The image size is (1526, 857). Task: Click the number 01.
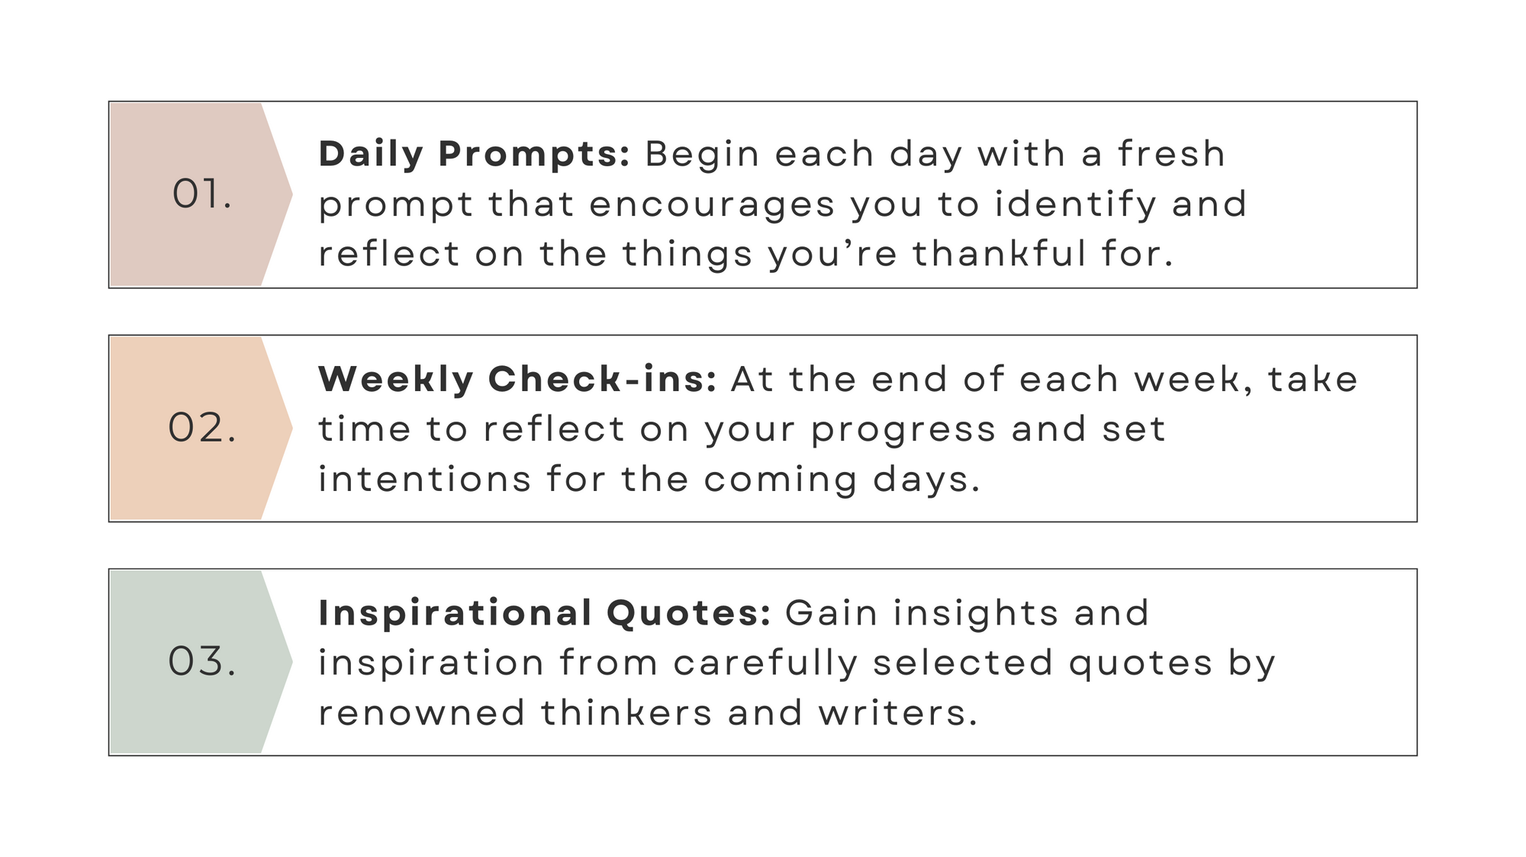pos(201,194)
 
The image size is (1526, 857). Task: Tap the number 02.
pos(202,428)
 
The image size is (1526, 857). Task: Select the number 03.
pos(202,661)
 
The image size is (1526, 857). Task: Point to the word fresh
pos(1172,153)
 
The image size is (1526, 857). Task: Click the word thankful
pos(1000,254)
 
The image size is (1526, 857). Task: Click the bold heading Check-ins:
pos(603,379)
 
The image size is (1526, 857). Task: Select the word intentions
pos(424,480)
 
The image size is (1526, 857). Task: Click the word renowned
pos(421,714)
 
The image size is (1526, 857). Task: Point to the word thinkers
pos(626,714)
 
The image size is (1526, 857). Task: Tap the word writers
pos(898,714)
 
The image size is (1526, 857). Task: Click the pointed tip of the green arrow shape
pos(292,662)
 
